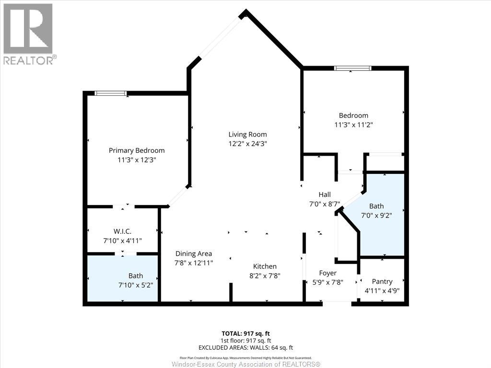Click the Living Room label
(247, 135)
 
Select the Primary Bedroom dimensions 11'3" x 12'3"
(137, 160)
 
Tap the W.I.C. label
(122, 231)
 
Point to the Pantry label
(382, 282)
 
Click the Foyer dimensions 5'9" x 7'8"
(328, 282)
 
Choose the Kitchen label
(265, 266)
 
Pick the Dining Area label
(194, 253)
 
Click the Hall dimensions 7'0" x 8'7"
(325, 204)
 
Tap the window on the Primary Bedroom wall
(111, 93)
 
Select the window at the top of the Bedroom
(352, 68)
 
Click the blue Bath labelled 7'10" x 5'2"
(122, 278)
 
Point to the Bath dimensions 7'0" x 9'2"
(376, 215)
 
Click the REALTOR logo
(28, 34)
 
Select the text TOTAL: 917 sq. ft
(245, 333)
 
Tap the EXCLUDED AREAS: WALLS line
(245, 348)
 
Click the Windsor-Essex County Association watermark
(246, 364)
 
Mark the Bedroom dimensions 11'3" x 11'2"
(353, 125)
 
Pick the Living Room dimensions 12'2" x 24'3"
(247, 144)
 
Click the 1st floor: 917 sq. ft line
(245, 341)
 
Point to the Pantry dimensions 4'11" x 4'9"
(382, 291)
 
